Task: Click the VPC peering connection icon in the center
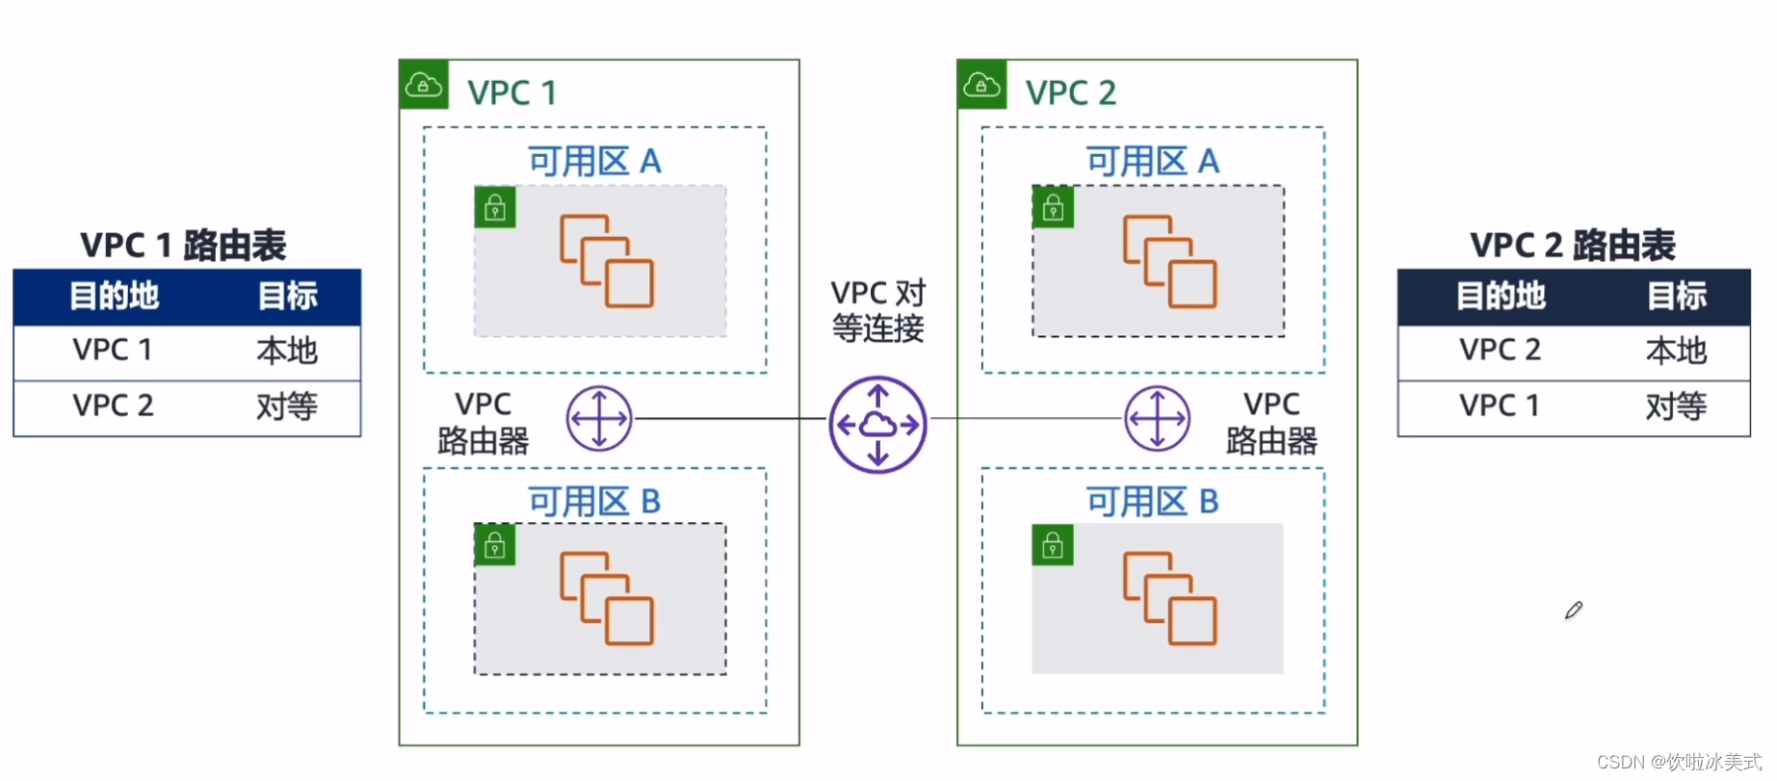tap(877, 424)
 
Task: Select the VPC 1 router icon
tap(599, 419)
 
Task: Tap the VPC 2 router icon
tap(1157, 419)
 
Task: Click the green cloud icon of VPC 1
tap(424, 85)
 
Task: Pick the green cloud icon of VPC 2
tap(981, 85)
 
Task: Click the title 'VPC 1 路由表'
tap(183, 246)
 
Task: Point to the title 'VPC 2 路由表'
tap(1572, 246)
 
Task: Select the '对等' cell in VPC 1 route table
tap(286, 406)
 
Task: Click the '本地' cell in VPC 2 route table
tap(1676, 351)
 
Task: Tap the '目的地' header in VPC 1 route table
tap(114, 296)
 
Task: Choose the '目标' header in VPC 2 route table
tap(1676, 296)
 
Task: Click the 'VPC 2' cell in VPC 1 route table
tap(113, 405)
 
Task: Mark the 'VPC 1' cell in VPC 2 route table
tap(1499, 405)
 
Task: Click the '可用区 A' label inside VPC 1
tap(594, 161)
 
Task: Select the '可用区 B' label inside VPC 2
tap(1152, 502)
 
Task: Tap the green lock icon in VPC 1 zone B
tap(495, 546)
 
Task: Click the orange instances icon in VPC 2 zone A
tap(1169, 261)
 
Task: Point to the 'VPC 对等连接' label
tap(877, 310)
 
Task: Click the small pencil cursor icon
tap(1574, 611)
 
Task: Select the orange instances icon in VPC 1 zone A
tap(607, 261)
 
